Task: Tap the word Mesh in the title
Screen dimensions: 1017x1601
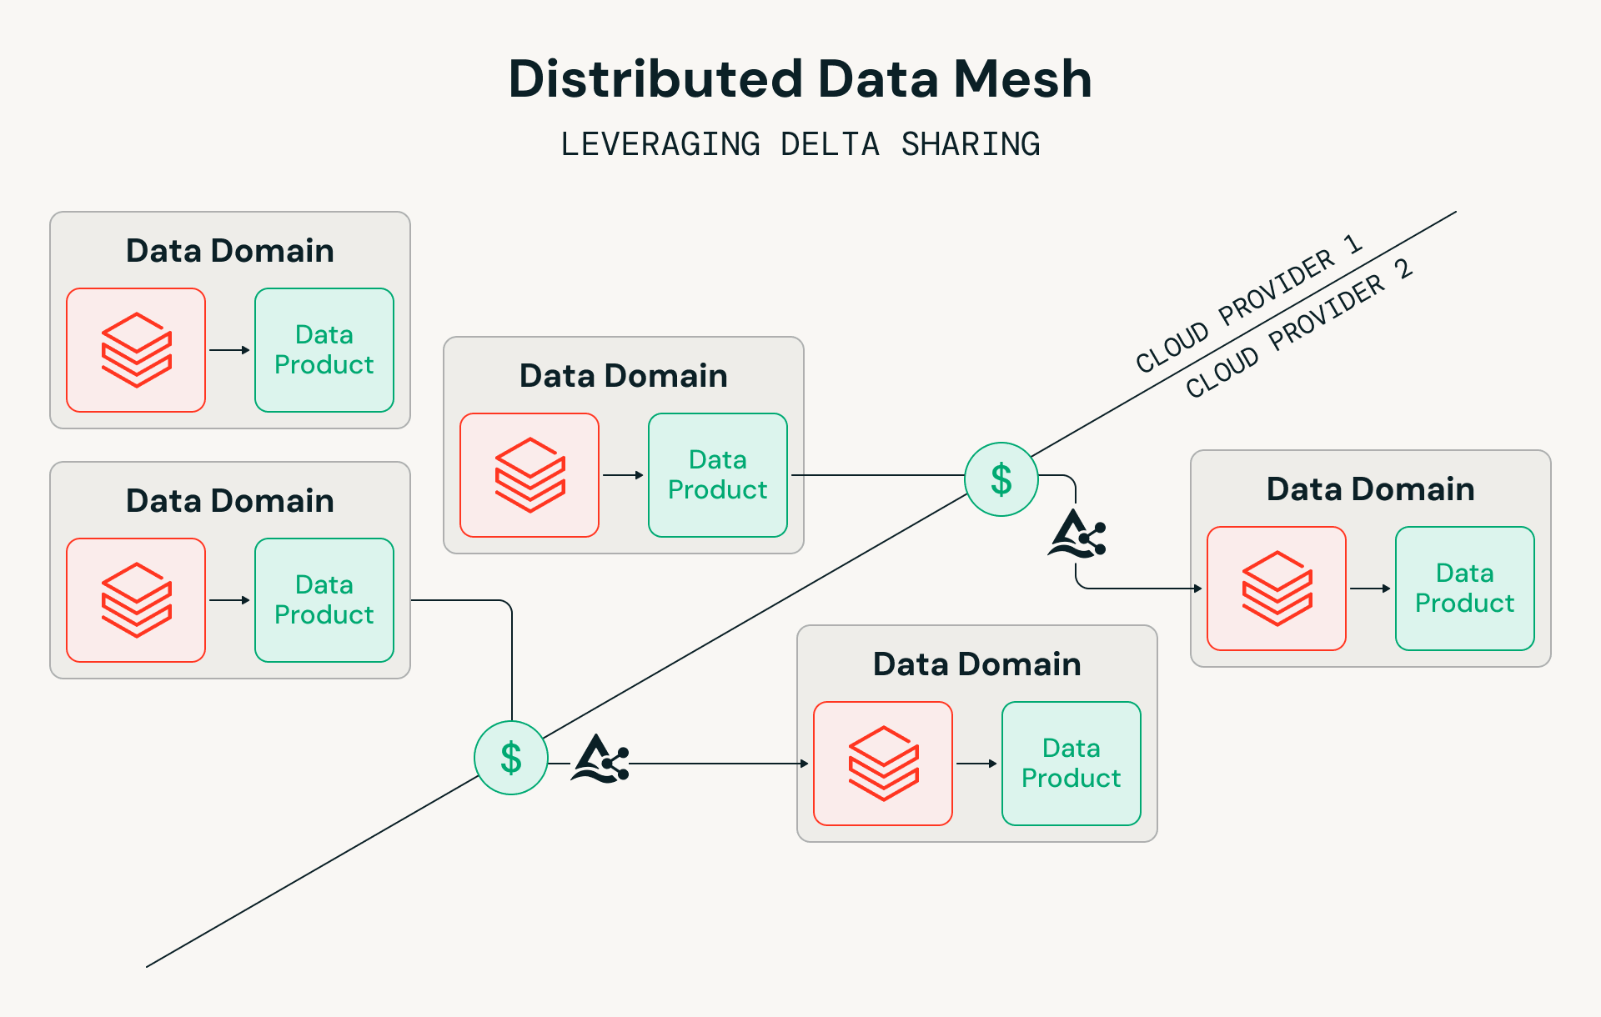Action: (1022, 79)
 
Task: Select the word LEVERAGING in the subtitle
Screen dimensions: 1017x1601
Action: (660, 144)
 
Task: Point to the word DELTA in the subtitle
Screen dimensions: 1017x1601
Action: (830, 144)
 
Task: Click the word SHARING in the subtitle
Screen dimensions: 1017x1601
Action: (971, 144)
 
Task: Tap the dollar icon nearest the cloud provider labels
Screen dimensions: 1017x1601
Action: (1001, 479)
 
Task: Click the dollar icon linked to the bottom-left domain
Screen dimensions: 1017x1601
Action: (511, 758)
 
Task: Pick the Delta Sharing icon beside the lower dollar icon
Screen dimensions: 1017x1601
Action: (600, 759)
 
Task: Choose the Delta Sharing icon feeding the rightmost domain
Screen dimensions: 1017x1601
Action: (1077, 534)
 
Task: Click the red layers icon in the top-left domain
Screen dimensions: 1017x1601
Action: (136, 350)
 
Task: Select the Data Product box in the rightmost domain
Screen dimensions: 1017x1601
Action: (1464, 589)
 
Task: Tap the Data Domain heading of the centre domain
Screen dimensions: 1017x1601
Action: (623, 376)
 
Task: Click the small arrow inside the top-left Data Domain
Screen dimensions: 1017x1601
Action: (230, 350)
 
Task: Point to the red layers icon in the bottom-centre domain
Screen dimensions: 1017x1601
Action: (883, 764)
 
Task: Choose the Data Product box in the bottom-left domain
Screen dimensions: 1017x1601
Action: (324, 600)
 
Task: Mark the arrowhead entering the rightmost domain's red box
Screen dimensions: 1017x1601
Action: (1198, 589)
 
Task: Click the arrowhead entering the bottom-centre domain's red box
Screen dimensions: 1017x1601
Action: (805, 764)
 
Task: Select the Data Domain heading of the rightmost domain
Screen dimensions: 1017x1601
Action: (1370, 489)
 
